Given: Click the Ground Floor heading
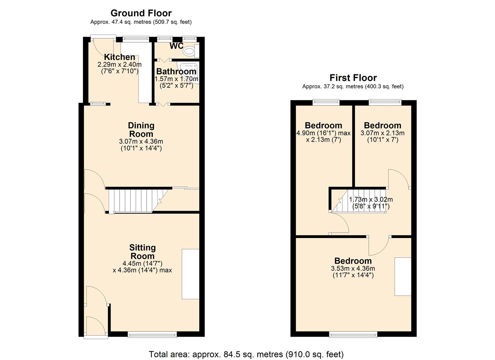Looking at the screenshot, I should pyautogui.click(x=141, y=13).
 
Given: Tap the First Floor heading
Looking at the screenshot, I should pyautogui.click(x=353, y=78).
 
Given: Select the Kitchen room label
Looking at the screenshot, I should pyautogui.click(x=119, y=57).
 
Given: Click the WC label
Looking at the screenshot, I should pyautogui.click(x=176, y=46).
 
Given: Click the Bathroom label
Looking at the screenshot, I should pyautogui.click(x=176, y=71).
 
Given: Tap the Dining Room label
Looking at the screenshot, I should pyautogui.click(x=141, y=130).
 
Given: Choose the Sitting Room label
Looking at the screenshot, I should pyautogui.click(x=142, y=252).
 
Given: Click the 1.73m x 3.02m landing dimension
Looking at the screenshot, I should pyautogui.click(x=371, y=203).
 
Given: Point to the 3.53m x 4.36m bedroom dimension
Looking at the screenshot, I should pyautogui.click(x=353, y=272).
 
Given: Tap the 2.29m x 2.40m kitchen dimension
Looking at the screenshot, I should pyautogui.click(x=119, y=68).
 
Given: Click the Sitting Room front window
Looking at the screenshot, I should pyautogui.click(x=152, y=334).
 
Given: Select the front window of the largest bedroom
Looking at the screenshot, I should pyautogui.click(x=353, y=334).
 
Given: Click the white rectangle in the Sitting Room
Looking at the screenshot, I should pyautogui.click(x=190, y=274).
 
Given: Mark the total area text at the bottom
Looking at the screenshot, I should pyautogui.click(x=246, y=354).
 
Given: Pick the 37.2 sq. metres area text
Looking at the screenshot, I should pyautogui.click(x=353, y=87).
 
